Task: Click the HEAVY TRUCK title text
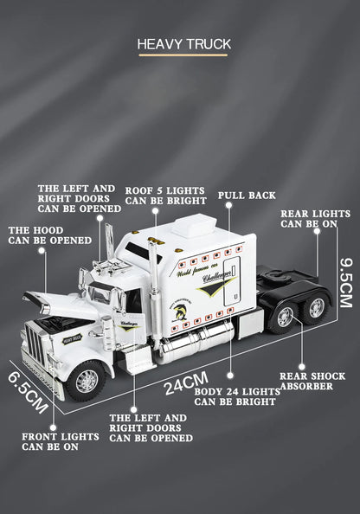tap(182, 42)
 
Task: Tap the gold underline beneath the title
tap(182, 55)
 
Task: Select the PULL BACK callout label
tap(247, 196)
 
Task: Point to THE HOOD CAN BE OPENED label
tap(49, 235)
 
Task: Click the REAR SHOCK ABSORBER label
tap(312, 381)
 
